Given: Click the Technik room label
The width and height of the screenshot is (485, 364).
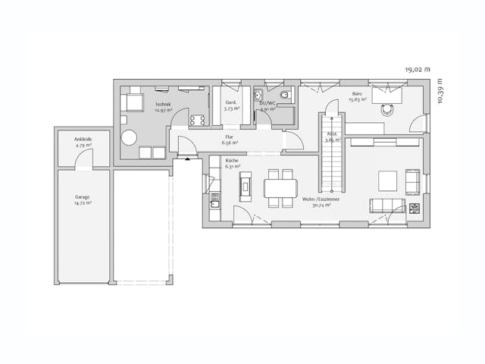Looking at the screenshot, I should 163,107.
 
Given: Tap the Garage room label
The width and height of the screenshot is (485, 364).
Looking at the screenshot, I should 83,199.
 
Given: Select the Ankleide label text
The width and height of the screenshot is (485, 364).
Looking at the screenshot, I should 83,141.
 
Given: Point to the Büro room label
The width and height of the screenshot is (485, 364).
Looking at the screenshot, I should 355,96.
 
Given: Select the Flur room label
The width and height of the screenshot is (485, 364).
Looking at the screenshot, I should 230,140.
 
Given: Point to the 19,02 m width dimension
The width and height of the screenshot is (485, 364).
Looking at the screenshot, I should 417,69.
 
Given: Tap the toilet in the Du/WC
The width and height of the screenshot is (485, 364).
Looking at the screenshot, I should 285,96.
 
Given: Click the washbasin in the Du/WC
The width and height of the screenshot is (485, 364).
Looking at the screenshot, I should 259,96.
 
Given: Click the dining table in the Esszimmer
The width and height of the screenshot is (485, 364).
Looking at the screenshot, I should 280,187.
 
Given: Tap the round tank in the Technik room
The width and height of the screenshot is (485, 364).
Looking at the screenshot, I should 129,138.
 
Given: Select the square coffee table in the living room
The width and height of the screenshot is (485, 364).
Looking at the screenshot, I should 387,180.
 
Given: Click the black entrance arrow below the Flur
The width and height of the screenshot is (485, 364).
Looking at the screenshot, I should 186,160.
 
